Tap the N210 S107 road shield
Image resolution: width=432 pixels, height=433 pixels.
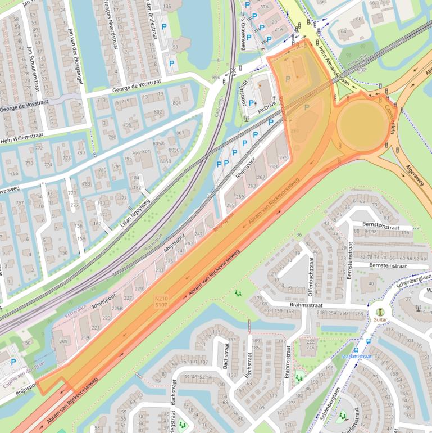coord(161,301)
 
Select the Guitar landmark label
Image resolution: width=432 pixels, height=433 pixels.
coord(380,319)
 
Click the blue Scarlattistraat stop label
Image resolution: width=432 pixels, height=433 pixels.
coord(357,356)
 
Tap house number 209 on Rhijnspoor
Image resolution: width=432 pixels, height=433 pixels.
coord(63,341)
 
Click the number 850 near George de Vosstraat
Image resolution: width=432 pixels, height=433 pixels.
coord(216,77)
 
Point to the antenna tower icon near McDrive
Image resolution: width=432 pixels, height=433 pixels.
coord(247,119)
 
